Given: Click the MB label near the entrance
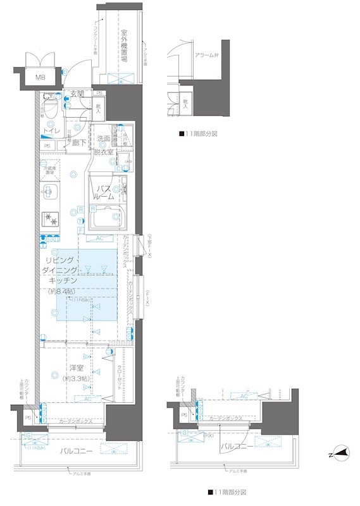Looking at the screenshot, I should pos(40,77).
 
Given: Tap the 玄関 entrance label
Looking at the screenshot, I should pos(77,94).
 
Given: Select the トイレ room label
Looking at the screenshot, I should pos(50,131).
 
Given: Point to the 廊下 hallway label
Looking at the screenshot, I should pos(79,144).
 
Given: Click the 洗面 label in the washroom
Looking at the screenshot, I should pos(104,139).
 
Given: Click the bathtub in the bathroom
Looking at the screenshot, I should pos(106,219).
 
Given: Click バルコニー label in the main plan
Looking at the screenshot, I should pos(77,451).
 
